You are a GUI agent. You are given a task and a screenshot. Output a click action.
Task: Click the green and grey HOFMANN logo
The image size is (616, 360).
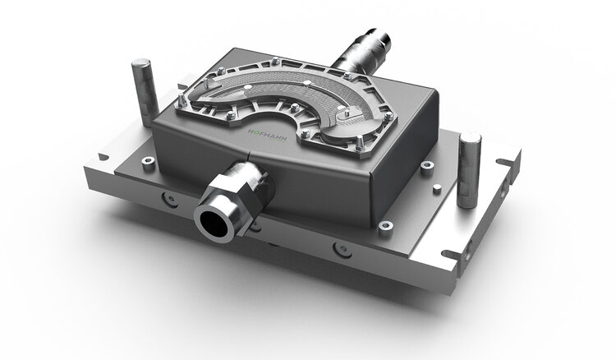(x=268, y=135)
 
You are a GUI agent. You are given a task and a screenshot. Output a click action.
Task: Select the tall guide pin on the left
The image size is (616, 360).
(x=145, y=92)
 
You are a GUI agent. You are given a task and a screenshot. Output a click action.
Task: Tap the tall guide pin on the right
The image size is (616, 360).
(x=469, y=170)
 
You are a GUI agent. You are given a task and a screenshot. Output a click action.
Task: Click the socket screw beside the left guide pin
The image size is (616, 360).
(x=148, y=161)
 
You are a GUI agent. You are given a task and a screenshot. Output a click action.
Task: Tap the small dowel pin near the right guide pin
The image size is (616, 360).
(x=437, y=189)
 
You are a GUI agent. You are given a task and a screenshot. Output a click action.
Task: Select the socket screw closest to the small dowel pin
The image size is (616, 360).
(x=427, y=165)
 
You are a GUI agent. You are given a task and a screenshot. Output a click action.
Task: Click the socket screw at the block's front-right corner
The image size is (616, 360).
(x=386, y=227)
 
